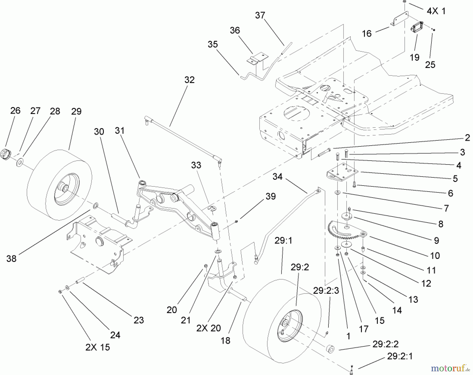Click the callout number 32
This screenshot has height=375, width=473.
pos(189,80)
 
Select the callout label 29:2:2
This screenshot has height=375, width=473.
pos(385,344)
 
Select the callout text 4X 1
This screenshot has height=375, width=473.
pos(436,11)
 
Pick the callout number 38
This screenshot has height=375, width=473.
pos(11,258)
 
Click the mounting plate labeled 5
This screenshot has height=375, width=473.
pos(342,173)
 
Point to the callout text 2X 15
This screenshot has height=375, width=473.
pos(97,347)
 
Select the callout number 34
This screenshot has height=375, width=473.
pos(277,177)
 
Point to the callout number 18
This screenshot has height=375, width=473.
pos(225,341)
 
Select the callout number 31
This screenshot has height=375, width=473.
pos(120,130)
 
